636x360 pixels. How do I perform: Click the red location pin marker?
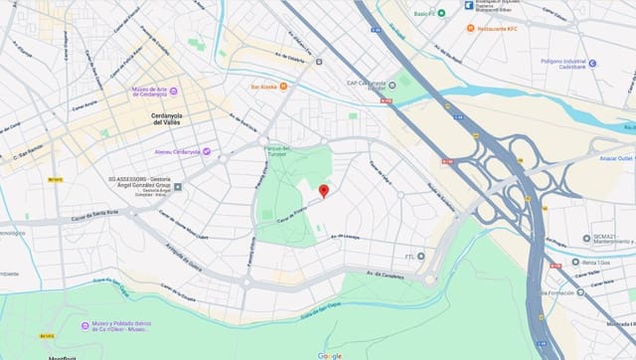click(x=323, y=191)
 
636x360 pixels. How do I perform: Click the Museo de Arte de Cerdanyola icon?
click(x=174, y=91)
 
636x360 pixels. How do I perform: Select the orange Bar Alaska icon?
click(x=283, y=87)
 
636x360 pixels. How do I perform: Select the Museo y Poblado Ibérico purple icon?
click(x=84, y=325)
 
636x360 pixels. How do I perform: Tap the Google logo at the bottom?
click(x=330, y=355)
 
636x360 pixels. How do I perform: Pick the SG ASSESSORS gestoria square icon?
click(x=177, y=185)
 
